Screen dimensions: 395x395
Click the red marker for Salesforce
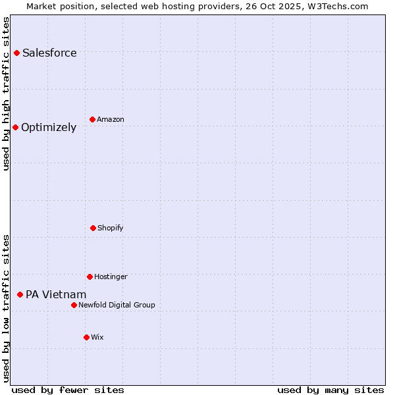tap(16, 53)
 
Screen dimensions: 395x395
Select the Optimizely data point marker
tap(15, 127)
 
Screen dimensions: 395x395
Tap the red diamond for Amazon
tap(92, 119)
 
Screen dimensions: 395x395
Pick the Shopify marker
tap(93, 228)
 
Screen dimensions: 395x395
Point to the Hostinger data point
tap(90, 276)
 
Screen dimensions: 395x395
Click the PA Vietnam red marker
tap(20, 294)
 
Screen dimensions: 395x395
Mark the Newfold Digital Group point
tap(74, 305)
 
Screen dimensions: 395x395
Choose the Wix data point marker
tap(86, 337)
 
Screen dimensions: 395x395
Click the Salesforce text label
tap(49, 53)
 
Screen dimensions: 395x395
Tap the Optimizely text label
tap(49, 127)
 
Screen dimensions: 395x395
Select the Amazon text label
tap(111, 119)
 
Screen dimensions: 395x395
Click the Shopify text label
tap(111, 228)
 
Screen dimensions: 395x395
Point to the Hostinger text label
tap(111, 276)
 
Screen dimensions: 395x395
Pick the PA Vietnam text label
tap(56, 294)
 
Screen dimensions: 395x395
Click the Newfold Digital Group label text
tap(117, 305)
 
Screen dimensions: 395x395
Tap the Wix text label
tap(97, 337)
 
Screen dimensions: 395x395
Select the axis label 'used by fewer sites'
tap(68, 390)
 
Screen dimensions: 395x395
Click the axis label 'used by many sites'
tap(330, 390)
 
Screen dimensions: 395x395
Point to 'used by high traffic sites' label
tap(6, 93)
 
